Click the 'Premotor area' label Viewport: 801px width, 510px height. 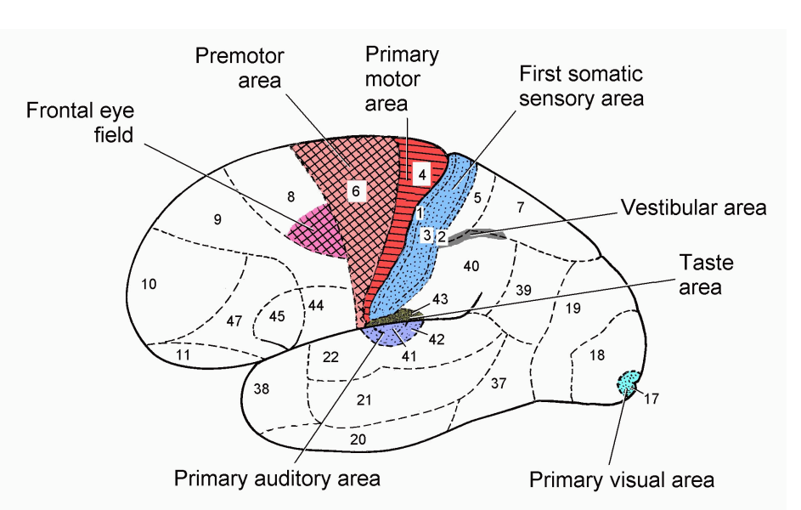click(239, 70)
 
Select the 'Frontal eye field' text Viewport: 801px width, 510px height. click(80, 122)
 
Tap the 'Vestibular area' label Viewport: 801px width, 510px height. click(693, 207)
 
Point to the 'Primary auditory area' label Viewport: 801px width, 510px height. click(277, 479)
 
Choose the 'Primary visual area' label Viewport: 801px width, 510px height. click(621, 479)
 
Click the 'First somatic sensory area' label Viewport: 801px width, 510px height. click(581, 87)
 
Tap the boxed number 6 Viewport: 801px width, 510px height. click(356, 191)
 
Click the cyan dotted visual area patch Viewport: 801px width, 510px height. click(629, 382)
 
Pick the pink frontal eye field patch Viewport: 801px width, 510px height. click(316, 231)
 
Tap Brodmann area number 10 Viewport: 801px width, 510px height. click(148, 284)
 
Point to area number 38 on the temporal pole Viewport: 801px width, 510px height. click(261, 388)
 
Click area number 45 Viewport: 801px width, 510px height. click(277, 316)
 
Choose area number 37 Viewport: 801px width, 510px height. click(499, 382)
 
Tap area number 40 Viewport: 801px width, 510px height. click(471, 266)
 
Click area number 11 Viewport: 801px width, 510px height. click(182, 353)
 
